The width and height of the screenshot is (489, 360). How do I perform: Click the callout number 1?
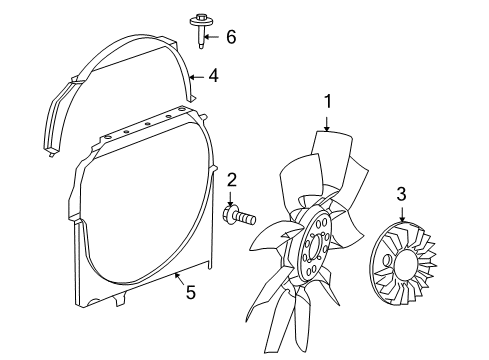tap(326, 101)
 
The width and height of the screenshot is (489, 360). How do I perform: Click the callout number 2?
tap(231, 180)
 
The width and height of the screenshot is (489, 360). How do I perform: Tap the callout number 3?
tap(400, 194)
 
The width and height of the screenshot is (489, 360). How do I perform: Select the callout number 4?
tap(212, 74)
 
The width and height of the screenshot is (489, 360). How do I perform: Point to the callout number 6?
tap(231, 37)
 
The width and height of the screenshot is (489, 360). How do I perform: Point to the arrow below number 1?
tap(326, 122)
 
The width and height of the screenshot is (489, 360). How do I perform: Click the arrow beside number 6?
tap(214, 37)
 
